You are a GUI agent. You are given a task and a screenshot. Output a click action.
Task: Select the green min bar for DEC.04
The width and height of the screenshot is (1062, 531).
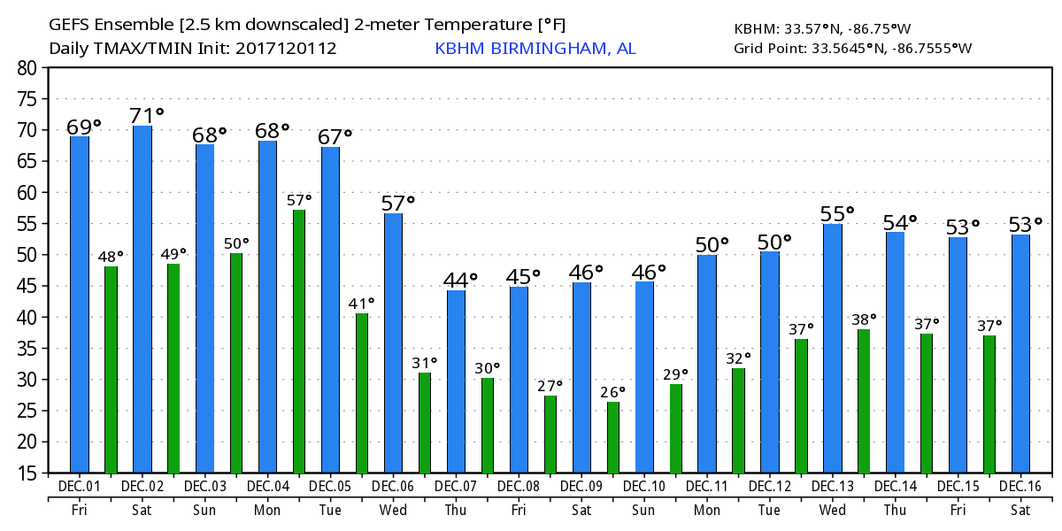[299, 341]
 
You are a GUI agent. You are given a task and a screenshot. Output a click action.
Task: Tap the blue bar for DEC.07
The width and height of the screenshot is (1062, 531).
[457, 381]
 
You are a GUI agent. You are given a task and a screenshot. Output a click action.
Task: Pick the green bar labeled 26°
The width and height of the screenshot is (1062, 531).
[613, 437]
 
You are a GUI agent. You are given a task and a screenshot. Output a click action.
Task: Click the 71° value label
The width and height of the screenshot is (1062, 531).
[146, 116]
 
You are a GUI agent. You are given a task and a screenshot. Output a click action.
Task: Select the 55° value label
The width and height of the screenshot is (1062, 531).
[836, 213]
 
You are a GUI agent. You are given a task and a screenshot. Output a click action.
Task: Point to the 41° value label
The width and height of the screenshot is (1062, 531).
[362, 303]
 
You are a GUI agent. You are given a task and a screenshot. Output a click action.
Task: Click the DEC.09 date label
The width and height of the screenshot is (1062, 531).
[581, 487]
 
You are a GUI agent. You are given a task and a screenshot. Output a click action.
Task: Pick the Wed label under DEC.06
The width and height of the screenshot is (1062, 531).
[393, 511]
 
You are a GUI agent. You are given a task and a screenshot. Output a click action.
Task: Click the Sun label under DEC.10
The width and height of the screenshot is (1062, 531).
[644, 511]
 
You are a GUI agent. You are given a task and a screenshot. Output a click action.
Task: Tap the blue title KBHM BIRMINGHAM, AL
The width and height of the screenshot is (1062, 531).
[535, 48]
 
